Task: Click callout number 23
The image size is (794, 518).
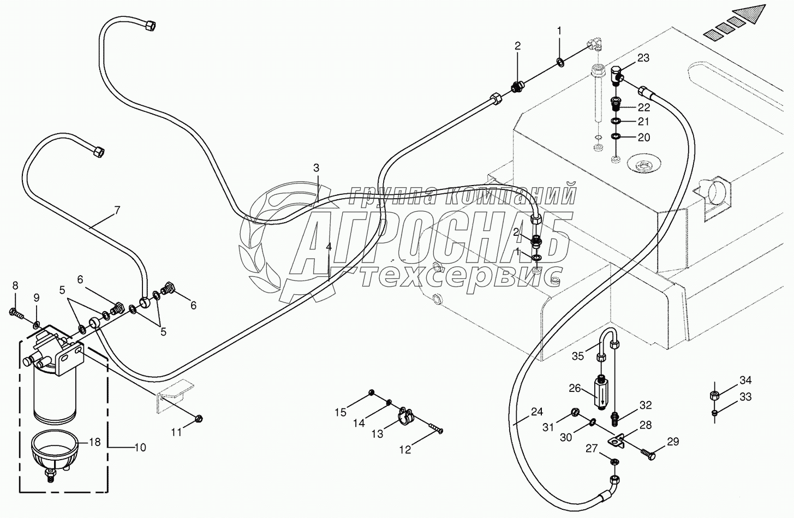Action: pos(643,58)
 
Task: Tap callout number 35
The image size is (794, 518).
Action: pos(578,356)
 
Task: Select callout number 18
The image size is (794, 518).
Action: pos(95,442)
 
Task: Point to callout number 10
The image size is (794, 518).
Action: pos(140,448)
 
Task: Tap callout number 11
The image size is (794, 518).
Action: pos(176,432)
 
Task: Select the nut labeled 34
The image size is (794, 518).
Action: pos(714,395)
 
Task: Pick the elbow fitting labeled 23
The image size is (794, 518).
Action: pos(615,75)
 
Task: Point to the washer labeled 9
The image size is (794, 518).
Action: pos(35,325)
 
